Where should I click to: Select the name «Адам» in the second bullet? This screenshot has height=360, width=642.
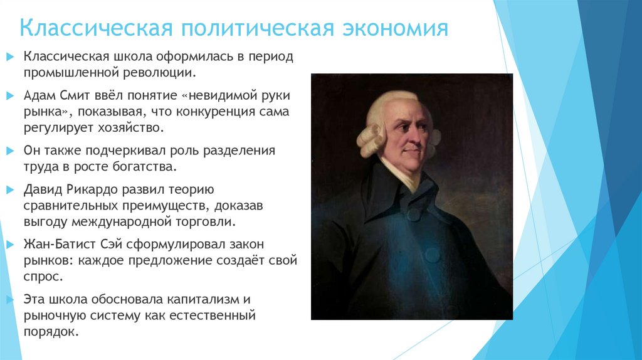40,96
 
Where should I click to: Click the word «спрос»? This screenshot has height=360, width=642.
43,276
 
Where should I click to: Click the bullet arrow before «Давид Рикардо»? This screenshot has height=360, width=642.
9,189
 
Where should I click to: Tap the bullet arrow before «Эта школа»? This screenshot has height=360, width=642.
9,299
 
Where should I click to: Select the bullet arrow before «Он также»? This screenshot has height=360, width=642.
9,151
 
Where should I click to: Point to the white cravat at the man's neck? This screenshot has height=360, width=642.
402,173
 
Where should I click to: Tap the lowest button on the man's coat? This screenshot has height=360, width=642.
433,255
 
